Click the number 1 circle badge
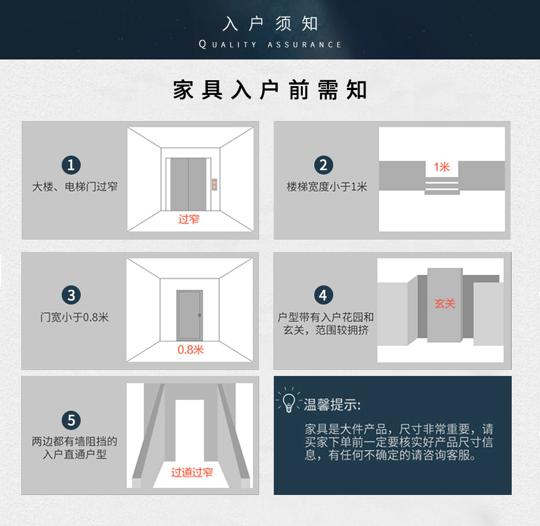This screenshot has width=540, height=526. click(71, 165)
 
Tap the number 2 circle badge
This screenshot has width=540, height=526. click(323, 165)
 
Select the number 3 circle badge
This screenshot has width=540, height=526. click(71, 295)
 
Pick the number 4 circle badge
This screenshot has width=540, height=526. click(323, 295)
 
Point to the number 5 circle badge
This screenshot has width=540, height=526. click(71, 420)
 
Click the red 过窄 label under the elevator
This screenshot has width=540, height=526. click(189, 219)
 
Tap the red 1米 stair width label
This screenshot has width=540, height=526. click(442, 167)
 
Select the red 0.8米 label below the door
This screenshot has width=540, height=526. click(190, 350)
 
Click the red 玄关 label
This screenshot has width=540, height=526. click(445, 303)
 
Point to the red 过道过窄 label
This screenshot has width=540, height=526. click(192, 473)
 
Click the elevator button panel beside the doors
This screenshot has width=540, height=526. click(214, 184)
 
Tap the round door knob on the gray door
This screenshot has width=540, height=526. click(200, 315)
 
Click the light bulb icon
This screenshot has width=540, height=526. click(289, 401)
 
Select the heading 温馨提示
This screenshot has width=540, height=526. click(332, 405)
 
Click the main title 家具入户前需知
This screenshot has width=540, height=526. click(270, 90)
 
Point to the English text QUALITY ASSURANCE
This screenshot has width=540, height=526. click(270, 44)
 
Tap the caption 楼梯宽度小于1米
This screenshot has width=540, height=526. click(327, 187)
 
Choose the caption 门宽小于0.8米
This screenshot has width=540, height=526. click(74, 317)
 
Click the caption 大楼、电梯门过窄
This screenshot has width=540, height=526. click(75, 187)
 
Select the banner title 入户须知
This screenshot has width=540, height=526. click(270, 24)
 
